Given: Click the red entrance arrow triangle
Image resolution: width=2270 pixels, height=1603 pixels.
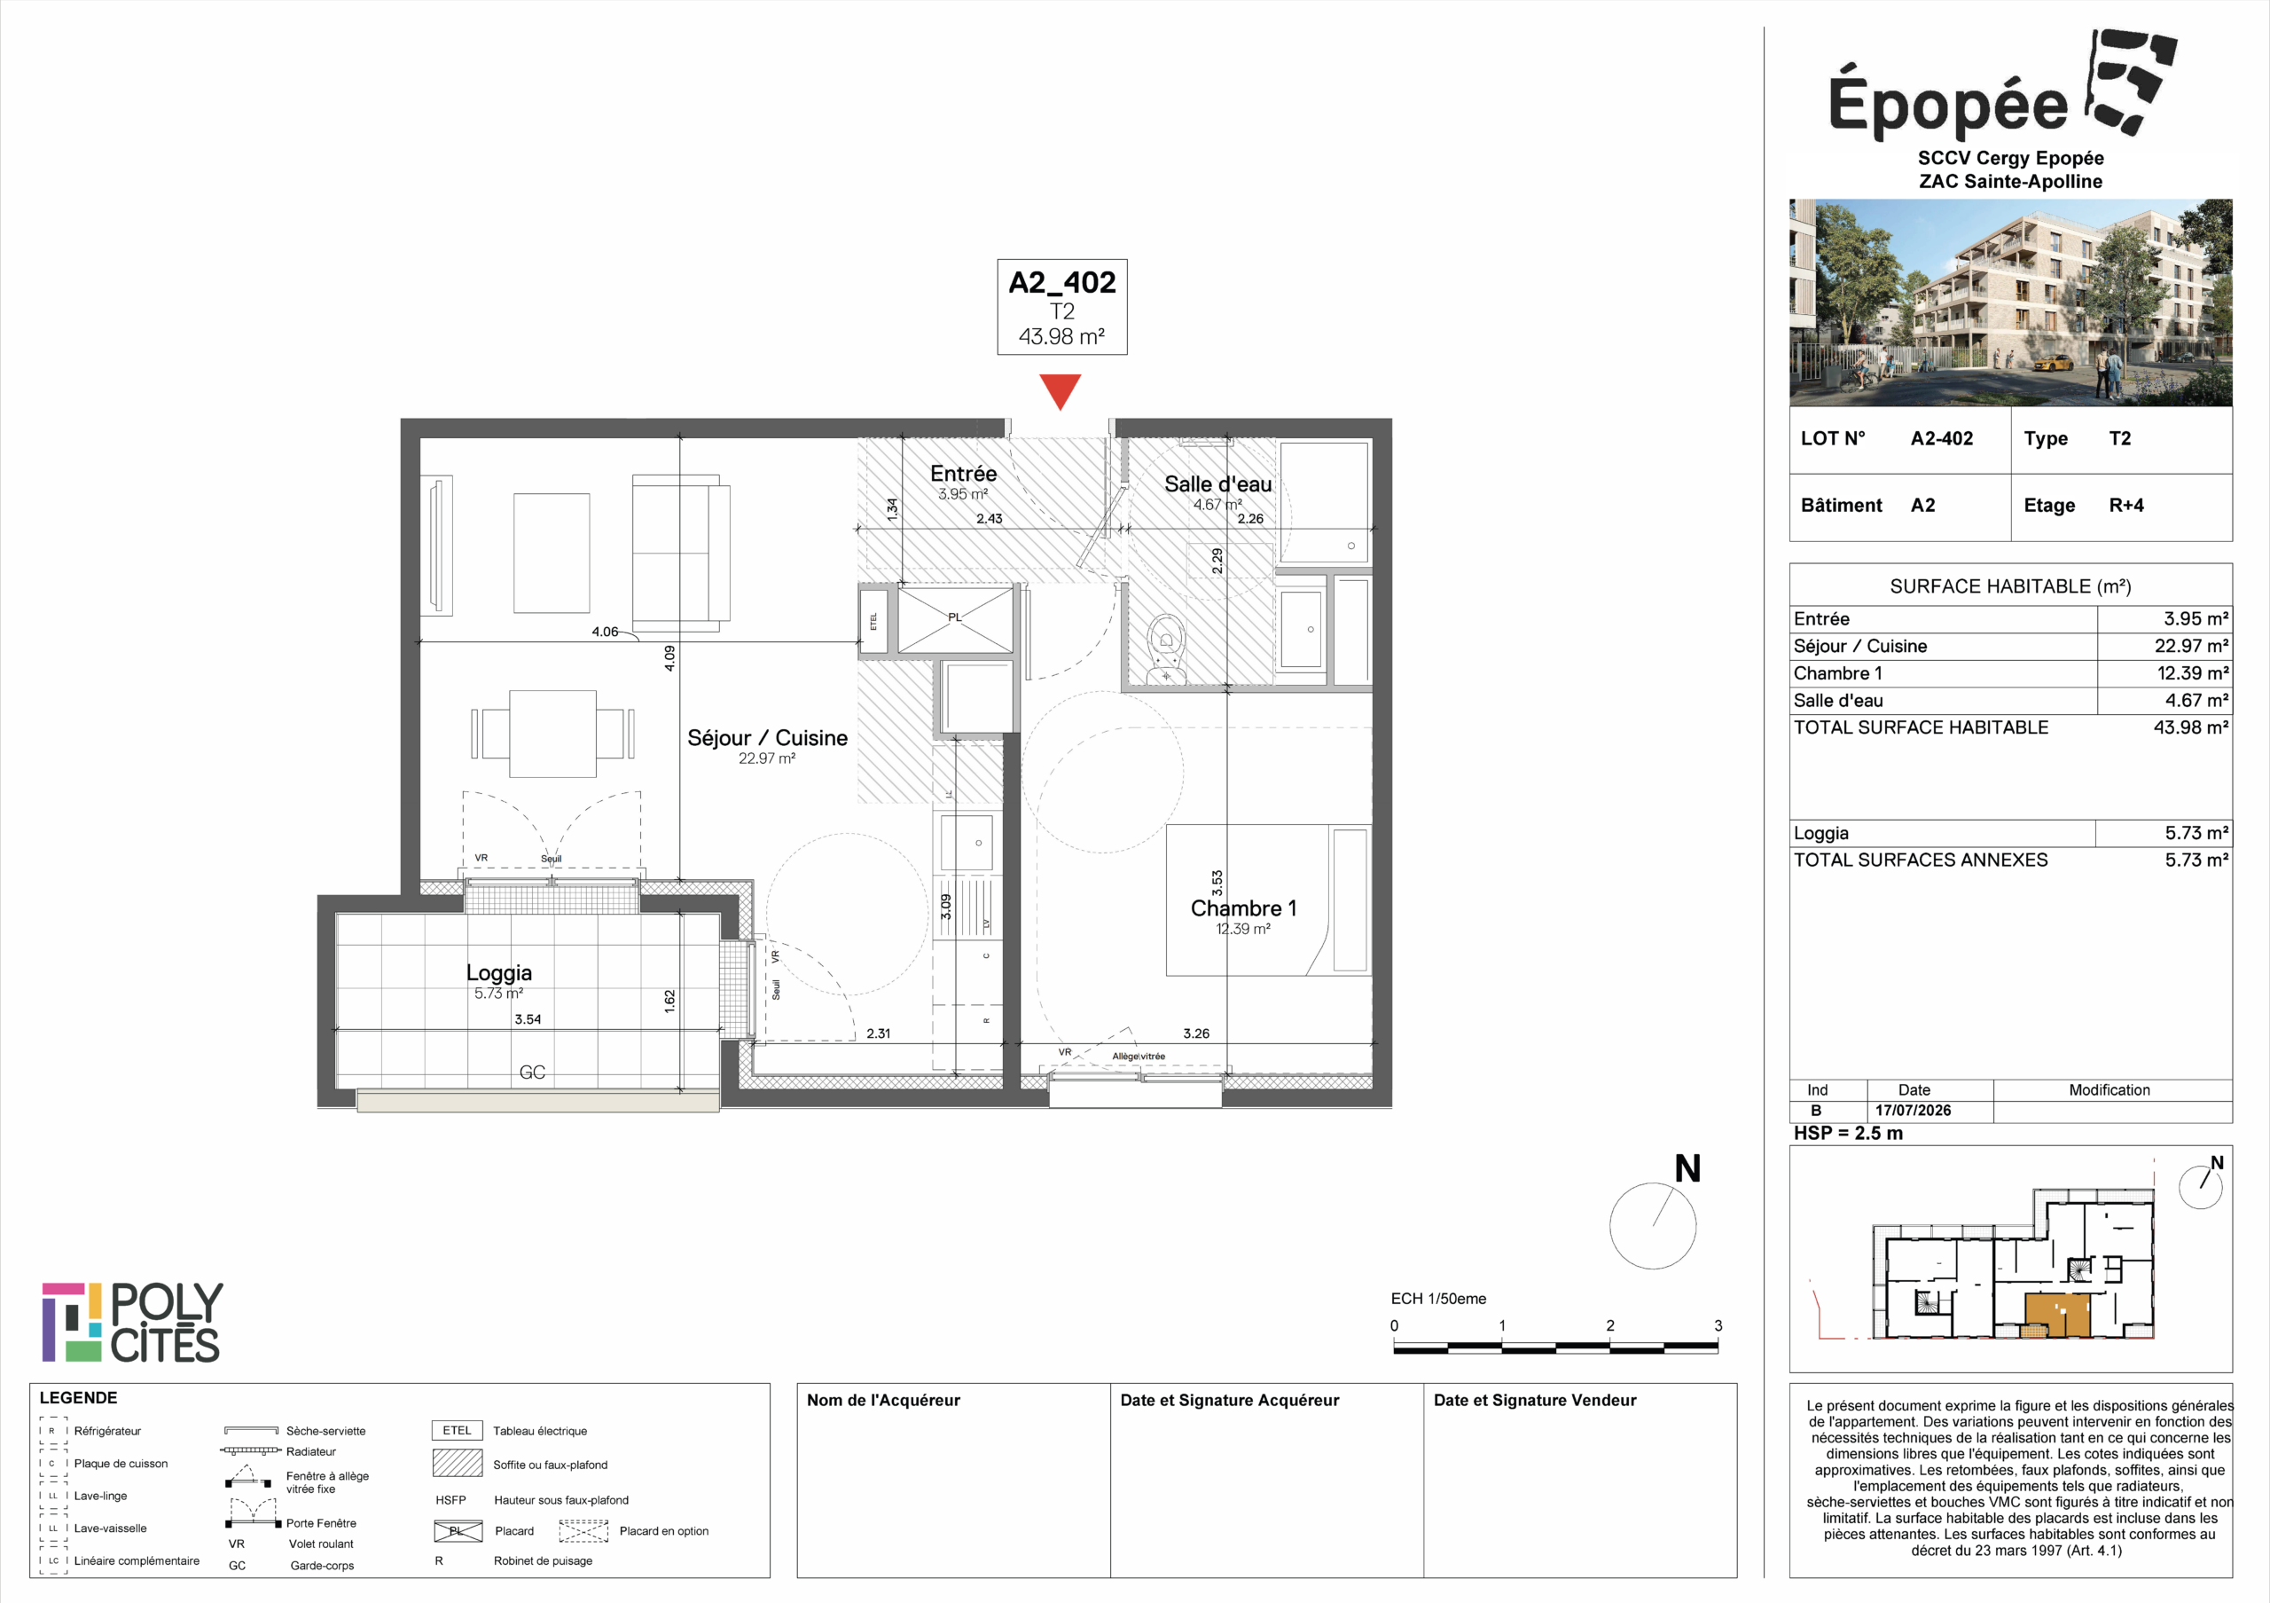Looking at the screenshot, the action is [1060, 389].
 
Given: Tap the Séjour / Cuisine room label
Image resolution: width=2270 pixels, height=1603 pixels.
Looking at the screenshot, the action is [767, 738].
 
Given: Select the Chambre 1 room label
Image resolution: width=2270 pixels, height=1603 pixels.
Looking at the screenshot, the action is [1243, 908].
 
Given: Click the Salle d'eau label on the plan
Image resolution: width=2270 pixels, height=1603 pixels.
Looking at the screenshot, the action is [1217, 483].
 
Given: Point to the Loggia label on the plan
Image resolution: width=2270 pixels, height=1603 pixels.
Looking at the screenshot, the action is [498, 973].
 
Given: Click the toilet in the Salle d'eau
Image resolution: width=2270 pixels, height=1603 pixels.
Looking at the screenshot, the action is [1167, 648].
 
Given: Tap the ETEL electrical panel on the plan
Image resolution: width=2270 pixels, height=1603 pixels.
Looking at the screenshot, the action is [873, 621].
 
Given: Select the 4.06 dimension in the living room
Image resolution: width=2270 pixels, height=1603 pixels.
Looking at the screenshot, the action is [604, 632].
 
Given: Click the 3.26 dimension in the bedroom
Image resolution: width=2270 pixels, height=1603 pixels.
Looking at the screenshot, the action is [1196, 1033].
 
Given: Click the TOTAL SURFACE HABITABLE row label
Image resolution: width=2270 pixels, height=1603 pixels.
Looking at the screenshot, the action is [1921, 727].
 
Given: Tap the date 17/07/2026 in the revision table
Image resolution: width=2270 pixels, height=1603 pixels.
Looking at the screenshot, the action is [1913, 1111].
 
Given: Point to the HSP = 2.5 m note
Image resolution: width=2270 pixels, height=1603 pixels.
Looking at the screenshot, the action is [1848, 1133].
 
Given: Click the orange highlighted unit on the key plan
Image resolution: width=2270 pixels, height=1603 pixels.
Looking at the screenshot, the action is [2057, 1316].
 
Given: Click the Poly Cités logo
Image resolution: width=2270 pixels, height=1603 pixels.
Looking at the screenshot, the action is [132, 1322].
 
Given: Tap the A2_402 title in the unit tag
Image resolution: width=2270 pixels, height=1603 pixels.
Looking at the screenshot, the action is [1061, 283].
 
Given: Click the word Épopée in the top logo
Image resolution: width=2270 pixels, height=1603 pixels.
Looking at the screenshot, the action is [1948, 103].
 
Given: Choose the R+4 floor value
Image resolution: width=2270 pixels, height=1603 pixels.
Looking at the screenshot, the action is [2126, 506].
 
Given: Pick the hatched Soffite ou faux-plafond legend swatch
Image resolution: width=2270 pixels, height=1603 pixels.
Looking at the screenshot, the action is [457, 1463].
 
